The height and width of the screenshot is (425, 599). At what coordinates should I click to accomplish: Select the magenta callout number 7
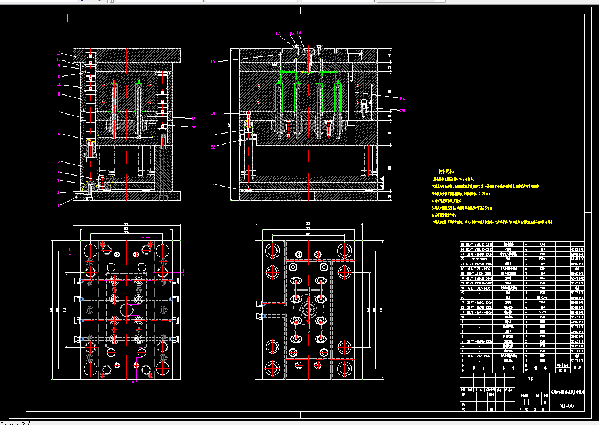pyautogui.click(x=59, y=112)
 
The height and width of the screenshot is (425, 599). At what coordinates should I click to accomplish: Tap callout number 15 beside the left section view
pyautogui.click(x=194, y=127)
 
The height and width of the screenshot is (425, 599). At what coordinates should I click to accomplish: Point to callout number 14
pyautogui.click(x=194, y=118)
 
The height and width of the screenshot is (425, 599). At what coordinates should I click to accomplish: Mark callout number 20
pyautogui.click(x=213, y=113)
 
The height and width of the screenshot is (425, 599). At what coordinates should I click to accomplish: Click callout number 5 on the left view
pyautogui.click(x=58, y=161)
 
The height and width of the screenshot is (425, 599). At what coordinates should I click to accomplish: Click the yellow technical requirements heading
pyautogui.click(x=447, y=171)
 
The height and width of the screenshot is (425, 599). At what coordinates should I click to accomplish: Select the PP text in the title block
pyautogui.click(x=530, y=380)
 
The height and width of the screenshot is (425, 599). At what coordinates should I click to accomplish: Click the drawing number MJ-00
pyautogui.click(x=567, y=406)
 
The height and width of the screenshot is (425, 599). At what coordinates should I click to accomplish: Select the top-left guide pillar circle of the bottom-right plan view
pyautogui.click(x=271, y=251)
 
